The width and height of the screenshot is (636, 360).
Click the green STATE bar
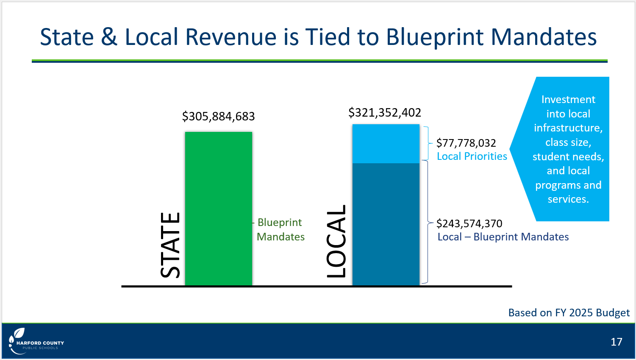(219, 209)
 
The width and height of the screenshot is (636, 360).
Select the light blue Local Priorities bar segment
(386, 144)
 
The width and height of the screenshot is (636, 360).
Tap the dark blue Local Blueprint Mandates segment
(386, 224)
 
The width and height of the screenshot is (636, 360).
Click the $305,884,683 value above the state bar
(218, 116)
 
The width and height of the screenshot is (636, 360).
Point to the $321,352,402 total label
(385, 112)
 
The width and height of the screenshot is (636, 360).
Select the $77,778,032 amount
(466, 143)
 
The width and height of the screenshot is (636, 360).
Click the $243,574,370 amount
(469, 223)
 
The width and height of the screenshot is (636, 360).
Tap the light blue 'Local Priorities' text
(472, 156)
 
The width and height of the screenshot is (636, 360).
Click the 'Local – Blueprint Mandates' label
(503, 237)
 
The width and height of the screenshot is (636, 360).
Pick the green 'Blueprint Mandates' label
(281, 229)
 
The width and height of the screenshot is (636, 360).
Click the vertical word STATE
(170, 245)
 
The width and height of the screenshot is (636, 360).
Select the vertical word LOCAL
(336, 241)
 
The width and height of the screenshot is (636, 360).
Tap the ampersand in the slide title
(109, 37)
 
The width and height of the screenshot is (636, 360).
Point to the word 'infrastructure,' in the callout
(568, 128)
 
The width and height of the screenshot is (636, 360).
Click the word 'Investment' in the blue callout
(568, 100)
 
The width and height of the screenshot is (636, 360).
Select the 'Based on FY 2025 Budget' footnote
(569, 313)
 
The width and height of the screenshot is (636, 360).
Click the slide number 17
(617, 342)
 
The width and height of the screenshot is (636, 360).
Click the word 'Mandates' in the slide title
(544, 37)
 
